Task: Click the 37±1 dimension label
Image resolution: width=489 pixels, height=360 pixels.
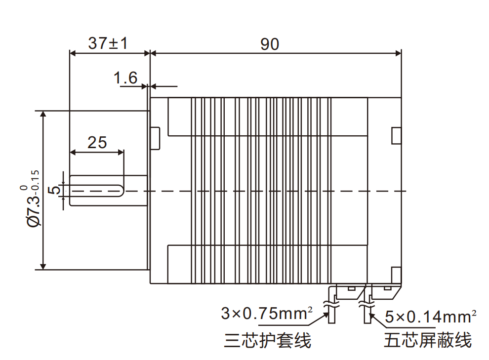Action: pos(108,43)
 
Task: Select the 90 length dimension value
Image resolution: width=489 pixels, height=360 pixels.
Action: pos(270,44)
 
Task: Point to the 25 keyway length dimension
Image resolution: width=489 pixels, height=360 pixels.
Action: pos(97,142)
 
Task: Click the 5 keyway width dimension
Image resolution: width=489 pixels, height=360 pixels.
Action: pos(56,190)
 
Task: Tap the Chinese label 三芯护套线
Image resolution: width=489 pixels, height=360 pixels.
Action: pos(267,340)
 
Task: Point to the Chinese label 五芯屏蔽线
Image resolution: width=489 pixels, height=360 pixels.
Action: pos(428,340)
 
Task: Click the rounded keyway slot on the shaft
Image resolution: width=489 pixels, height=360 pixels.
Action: pos(97,191)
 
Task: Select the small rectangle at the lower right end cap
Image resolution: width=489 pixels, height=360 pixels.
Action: pos(396,275)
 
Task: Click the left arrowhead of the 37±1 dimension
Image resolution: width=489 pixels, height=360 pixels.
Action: pos(72,52)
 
